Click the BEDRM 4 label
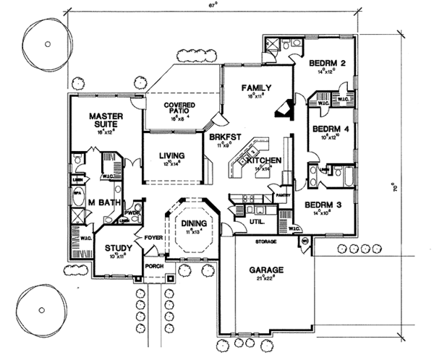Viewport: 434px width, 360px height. pyautogui.click(x=331, y=129)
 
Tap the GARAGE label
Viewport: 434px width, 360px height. pyautogui.click(x=268, y=270)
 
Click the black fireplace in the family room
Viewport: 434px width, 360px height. pyautogui.click(x=282, y=108)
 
